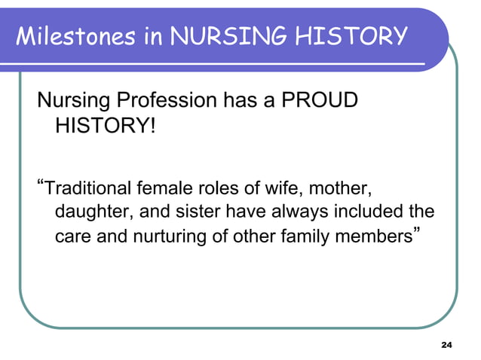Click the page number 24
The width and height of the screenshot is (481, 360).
pyautogui.click(x=446, y=345)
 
